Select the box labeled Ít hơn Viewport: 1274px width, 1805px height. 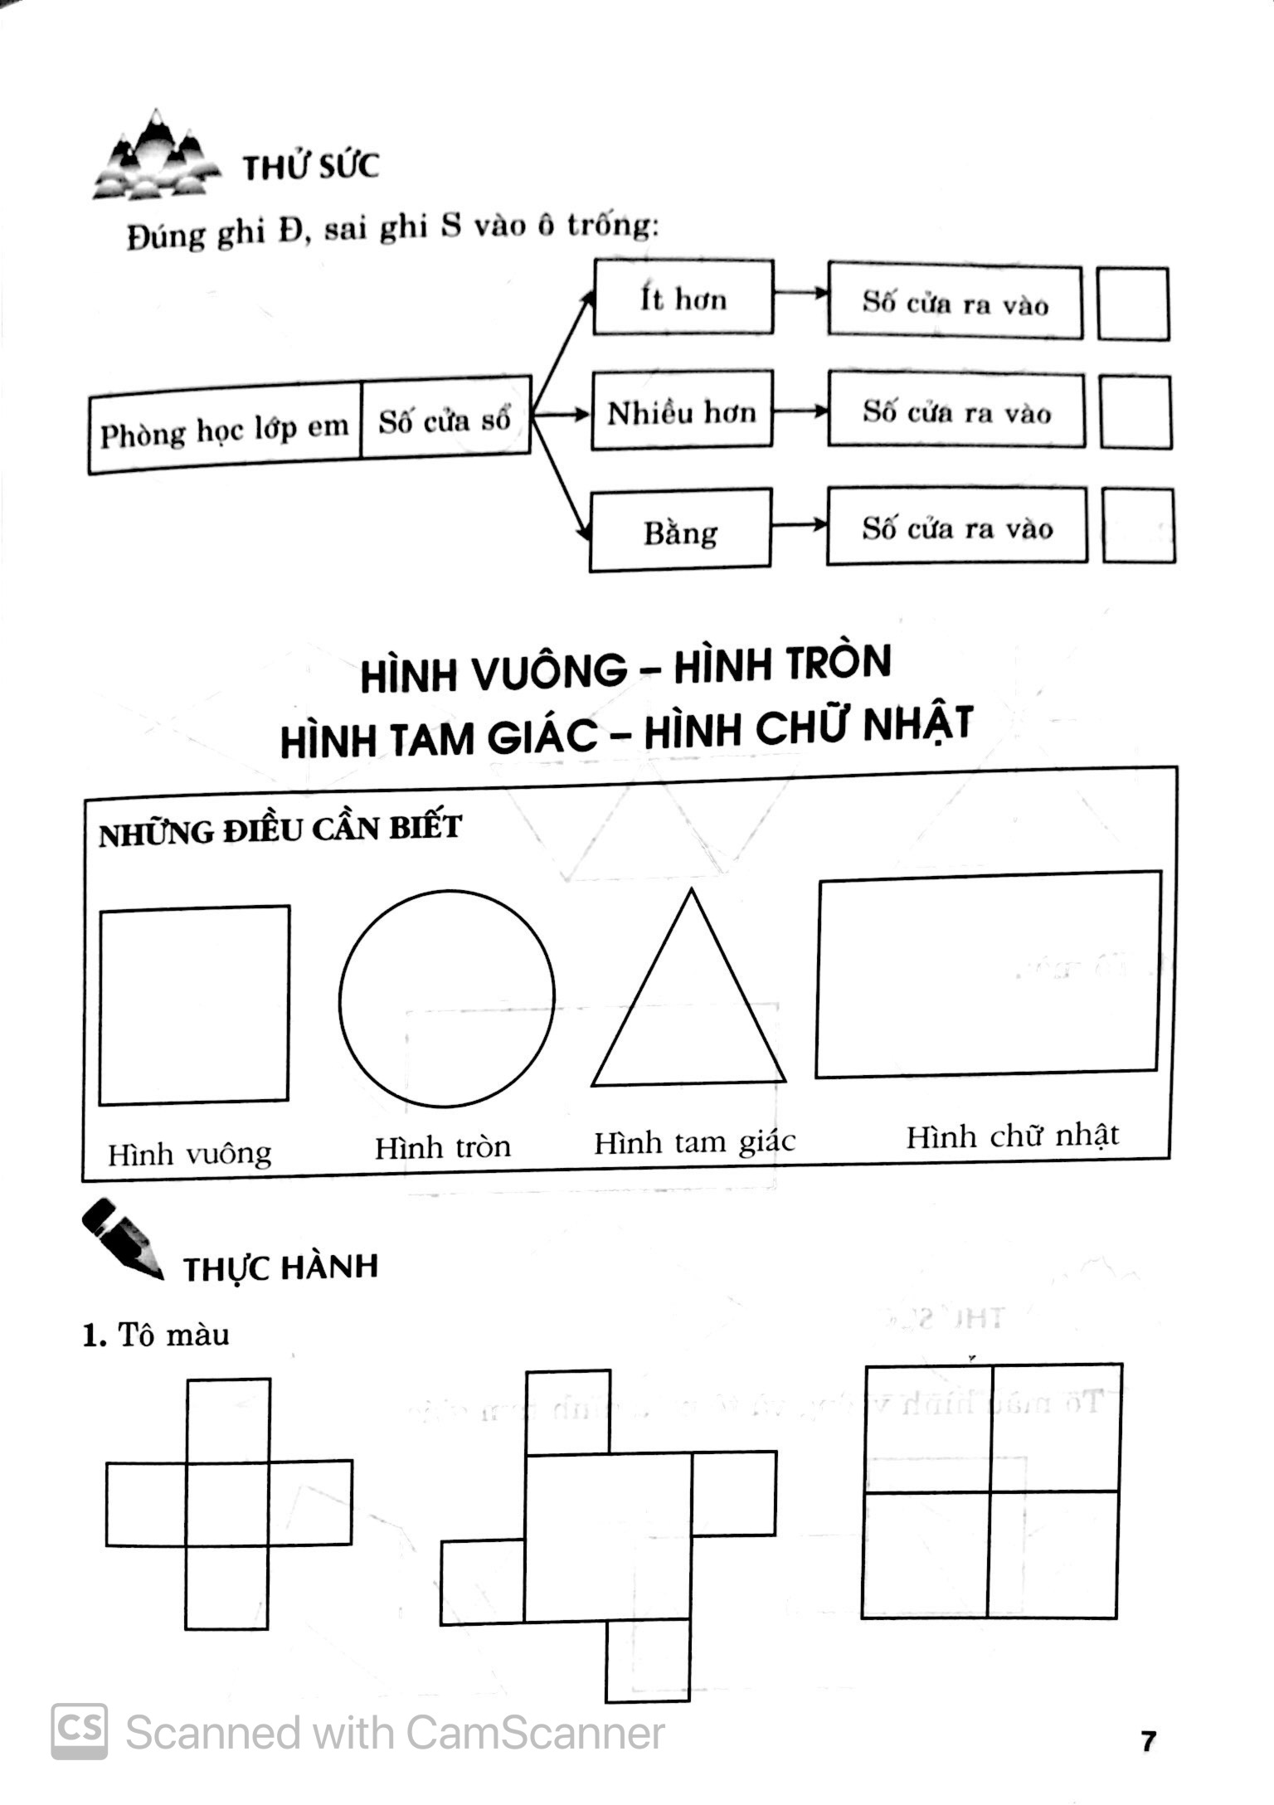(683, 298)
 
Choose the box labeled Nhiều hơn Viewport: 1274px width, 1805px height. (682, 411)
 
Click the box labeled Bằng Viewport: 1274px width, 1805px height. (680, 531)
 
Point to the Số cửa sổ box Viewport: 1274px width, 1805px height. (445, 419)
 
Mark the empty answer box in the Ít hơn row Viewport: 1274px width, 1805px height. (1133, 304)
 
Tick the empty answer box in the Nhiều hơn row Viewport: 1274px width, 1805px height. (1135, 412)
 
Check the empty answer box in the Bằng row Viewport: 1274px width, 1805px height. (1138, 526)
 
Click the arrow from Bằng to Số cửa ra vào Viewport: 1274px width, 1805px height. (799, 525)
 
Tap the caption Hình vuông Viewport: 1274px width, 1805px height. (190, 1154)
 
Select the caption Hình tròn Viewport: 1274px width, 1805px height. (443, 1148)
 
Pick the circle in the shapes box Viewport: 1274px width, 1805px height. (446, 999)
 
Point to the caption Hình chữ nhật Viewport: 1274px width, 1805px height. (1012, 1136)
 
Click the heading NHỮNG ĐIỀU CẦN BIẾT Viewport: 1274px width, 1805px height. (280, 830)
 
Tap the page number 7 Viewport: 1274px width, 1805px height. (1148, 1741)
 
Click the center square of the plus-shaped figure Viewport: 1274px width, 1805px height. (227, 1502)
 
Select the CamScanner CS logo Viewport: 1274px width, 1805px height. (80, 1732)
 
